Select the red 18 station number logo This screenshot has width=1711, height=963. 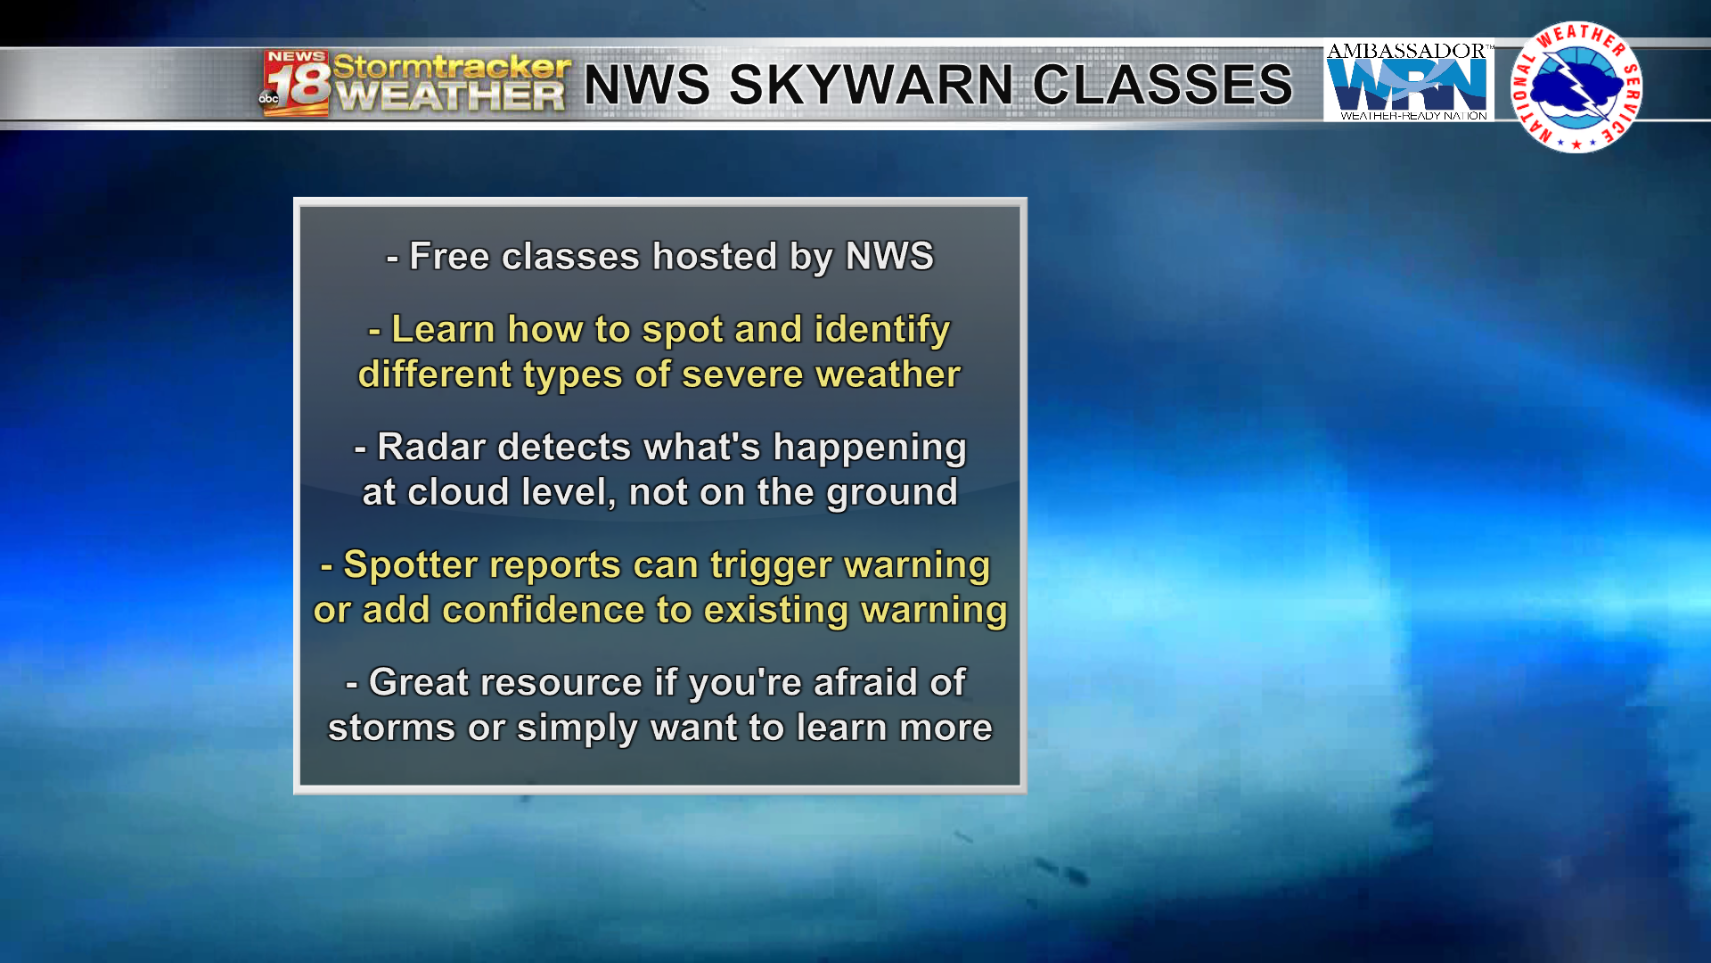pos(295,84)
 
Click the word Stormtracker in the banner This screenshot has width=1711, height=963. pos(452,66)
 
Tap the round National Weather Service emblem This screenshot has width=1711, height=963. pos(1576,87)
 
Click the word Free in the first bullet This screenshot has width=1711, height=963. pos(449,257)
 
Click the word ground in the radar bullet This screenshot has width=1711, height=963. pos(892,493)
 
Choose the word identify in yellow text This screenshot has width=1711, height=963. pos(882,330)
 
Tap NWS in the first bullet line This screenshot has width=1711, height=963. pos(889,257)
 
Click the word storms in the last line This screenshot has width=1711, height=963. pos(392,728)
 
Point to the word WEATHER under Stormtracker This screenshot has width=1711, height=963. pos(452,96)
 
